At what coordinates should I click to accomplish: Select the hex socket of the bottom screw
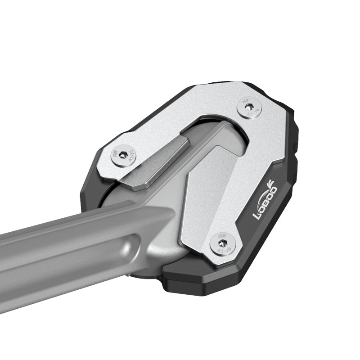point(222,243)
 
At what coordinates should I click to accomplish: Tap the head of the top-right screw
point(248,109)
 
